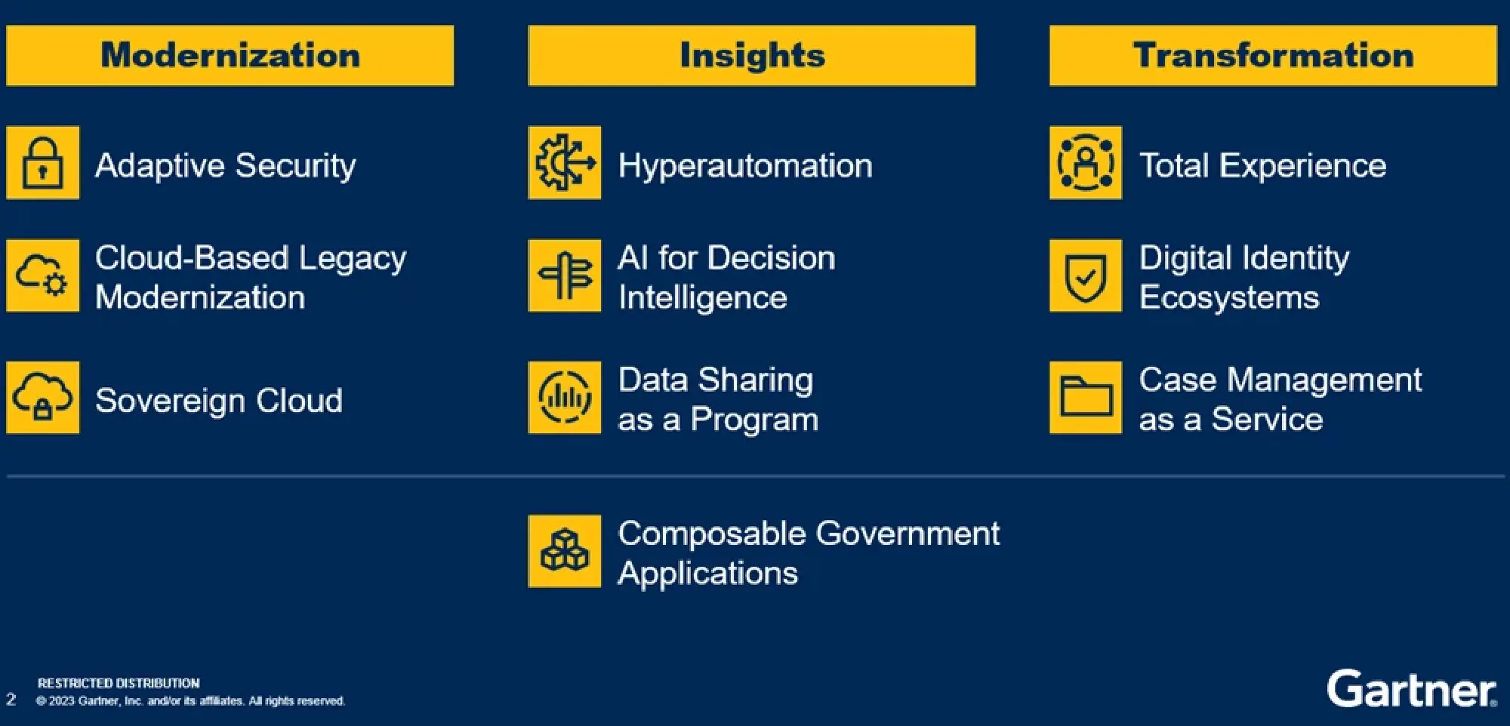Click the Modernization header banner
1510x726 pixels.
click(x=230, y=56)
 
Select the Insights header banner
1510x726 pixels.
click(x=751, y=56)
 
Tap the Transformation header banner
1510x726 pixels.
click(x=1273, y=56)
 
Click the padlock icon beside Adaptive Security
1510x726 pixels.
click(x=43, y=162)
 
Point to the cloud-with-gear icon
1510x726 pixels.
click(x=43, y=275)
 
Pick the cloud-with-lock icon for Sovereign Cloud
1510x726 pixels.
click(x=43, y=398)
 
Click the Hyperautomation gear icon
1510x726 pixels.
click(x=565, y=162)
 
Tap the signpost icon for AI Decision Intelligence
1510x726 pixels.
click(x=565, y=275)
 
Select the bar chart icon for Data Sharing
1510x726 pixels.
click(x=565, y=398)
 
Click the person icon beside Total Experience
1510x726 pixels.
click(x=1086, y=162)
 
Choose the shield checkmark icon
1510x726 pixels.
click(x=1086, y=275)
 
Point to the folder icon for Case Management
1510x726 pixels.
click(x=1086, y=398)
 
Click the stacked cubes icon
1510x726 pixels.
click(x=565, y=551)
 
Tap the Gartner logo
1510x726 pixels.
click(x=1411, y=688)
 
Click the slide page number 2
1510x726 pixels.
click(x=11, y=699)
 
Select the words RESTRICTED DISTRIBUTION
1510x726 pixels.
click(x=119, y=683)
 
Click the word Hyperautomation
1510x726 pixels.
click(x=745, y=165)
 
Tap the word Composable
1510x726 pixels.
click(x=712, y=534)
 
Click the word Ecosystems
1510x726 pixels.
click(x=1229, y=297)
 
